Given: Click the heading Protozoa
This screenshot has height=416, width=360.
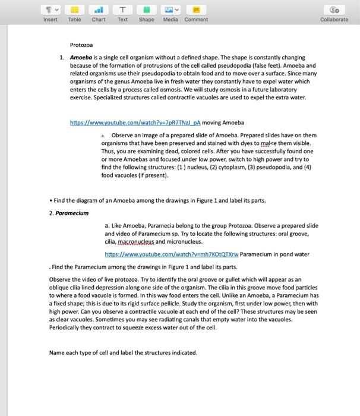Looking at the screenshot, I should pos(81,45).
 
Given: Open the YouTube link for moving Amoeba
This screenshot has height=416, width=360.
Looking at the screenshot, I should pos(135,122).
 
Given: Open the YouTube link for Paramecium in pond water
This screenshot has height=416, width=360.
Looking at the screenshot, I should pos(171,254).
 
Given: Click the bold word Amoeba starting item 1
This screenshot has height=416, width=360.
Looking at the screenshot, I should pos(83,58).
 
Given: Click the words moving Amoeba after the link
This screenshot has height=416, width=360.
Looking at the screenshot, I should pos(223,122).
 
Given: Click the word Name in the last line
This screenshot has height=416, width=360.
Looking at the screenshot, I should pos(58,352).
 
